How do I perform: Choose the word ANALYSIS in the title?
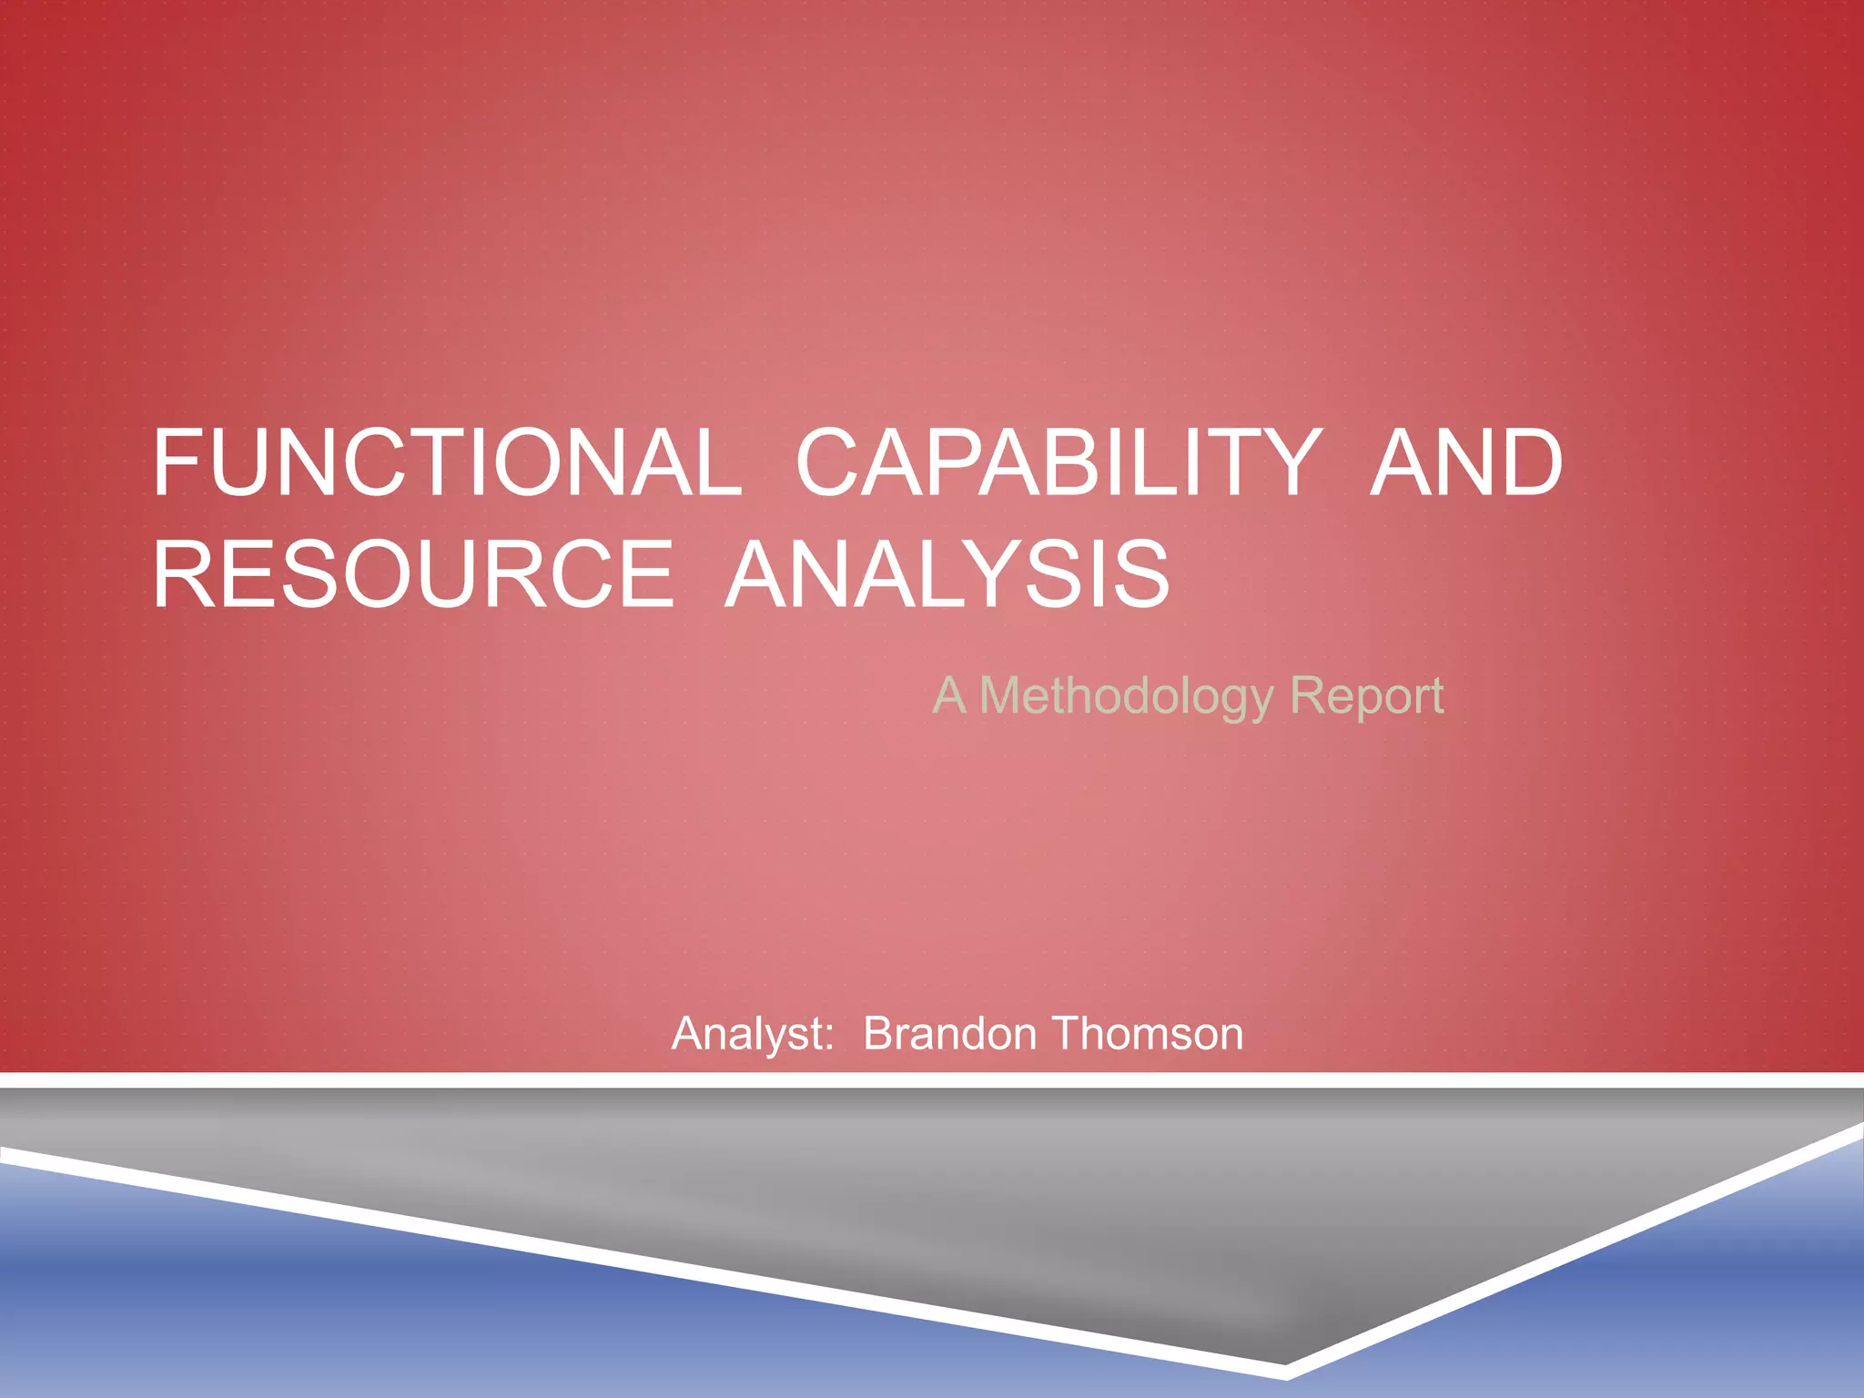click(x=947, y=574)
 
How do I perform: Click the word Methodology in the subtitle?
click(x=1126, y=696)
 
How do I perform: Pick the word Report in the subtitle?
click(x=1367, y=696)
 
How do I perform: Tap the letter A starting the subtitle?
click(x=949, y=695)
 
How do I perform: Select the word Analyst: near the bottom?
click(x=753, y=1034)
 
